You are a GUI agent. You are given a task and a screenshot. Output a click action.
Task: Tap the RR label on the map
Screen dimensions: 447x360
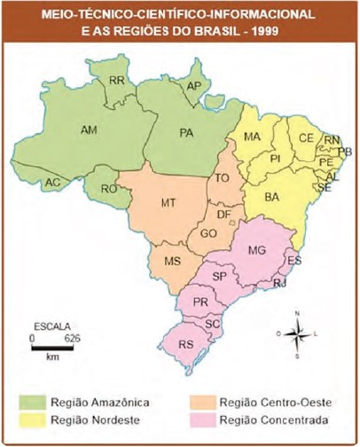tap(115, 81)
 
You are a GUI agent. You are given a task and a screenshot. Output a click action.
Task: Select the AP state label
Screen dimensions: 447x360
tap(194, 88)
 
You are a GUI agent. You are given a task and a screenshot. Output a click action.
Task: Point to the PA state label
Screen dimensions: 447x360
tap(186, 134)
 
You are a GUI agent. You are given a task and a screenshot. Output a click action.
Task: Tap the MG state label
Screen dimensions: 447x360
tap(257, 251)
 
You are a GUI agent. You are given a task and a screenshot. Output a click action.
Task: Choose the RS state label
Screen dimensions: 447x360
tap(186, 343)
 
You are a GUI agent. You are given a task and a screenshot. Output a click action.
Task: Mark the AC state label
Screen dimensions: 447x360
tap(52, 183)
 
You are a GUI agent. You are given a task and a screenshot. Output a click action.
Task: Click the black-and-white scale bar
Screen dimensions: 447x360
tap(52, 347)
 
